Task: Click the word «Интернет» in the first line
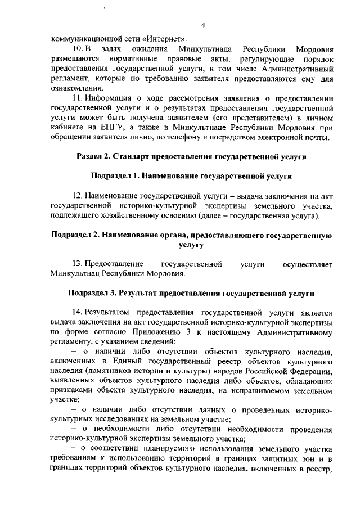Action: (x=167, y=39)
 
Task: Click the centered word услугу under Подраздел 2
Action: (x=191, y=245)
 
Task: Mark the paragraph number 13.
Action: (x=79, y=264)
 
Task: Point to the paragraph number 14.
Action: (x=79, y=313)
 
